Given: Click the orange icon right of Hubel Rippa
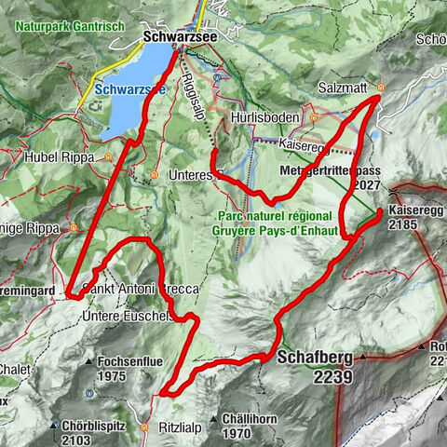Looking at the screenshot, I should tap(109, 157).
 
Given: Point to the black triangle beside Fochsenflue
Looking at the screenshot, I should tap(88, 361).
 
